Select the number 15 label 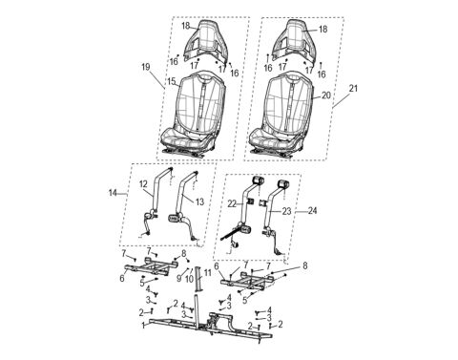[x=171, y=83]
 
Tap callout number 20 [x=327, y=95]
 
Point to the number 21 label [x=355, y=88]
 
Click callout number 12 [x=143, y=183]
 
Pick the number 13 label [x=199, y=201]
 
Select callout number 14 [x=112, y=194]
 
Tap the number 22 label [x=232, y=202]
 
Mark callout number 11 [x=207, y=273]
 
